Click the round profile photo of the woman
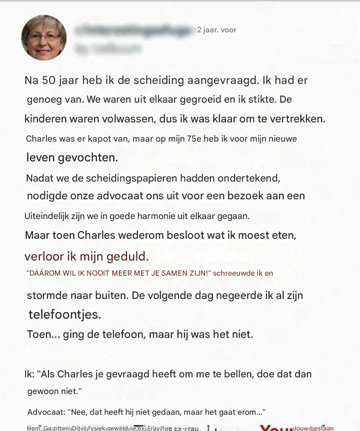point(43,37)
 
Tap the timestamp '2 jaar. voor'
point(216,30)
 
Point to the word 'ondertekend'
point(244,178)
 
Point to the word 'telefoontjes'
point(64,314)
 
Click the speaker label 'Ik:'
point(29,374)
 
